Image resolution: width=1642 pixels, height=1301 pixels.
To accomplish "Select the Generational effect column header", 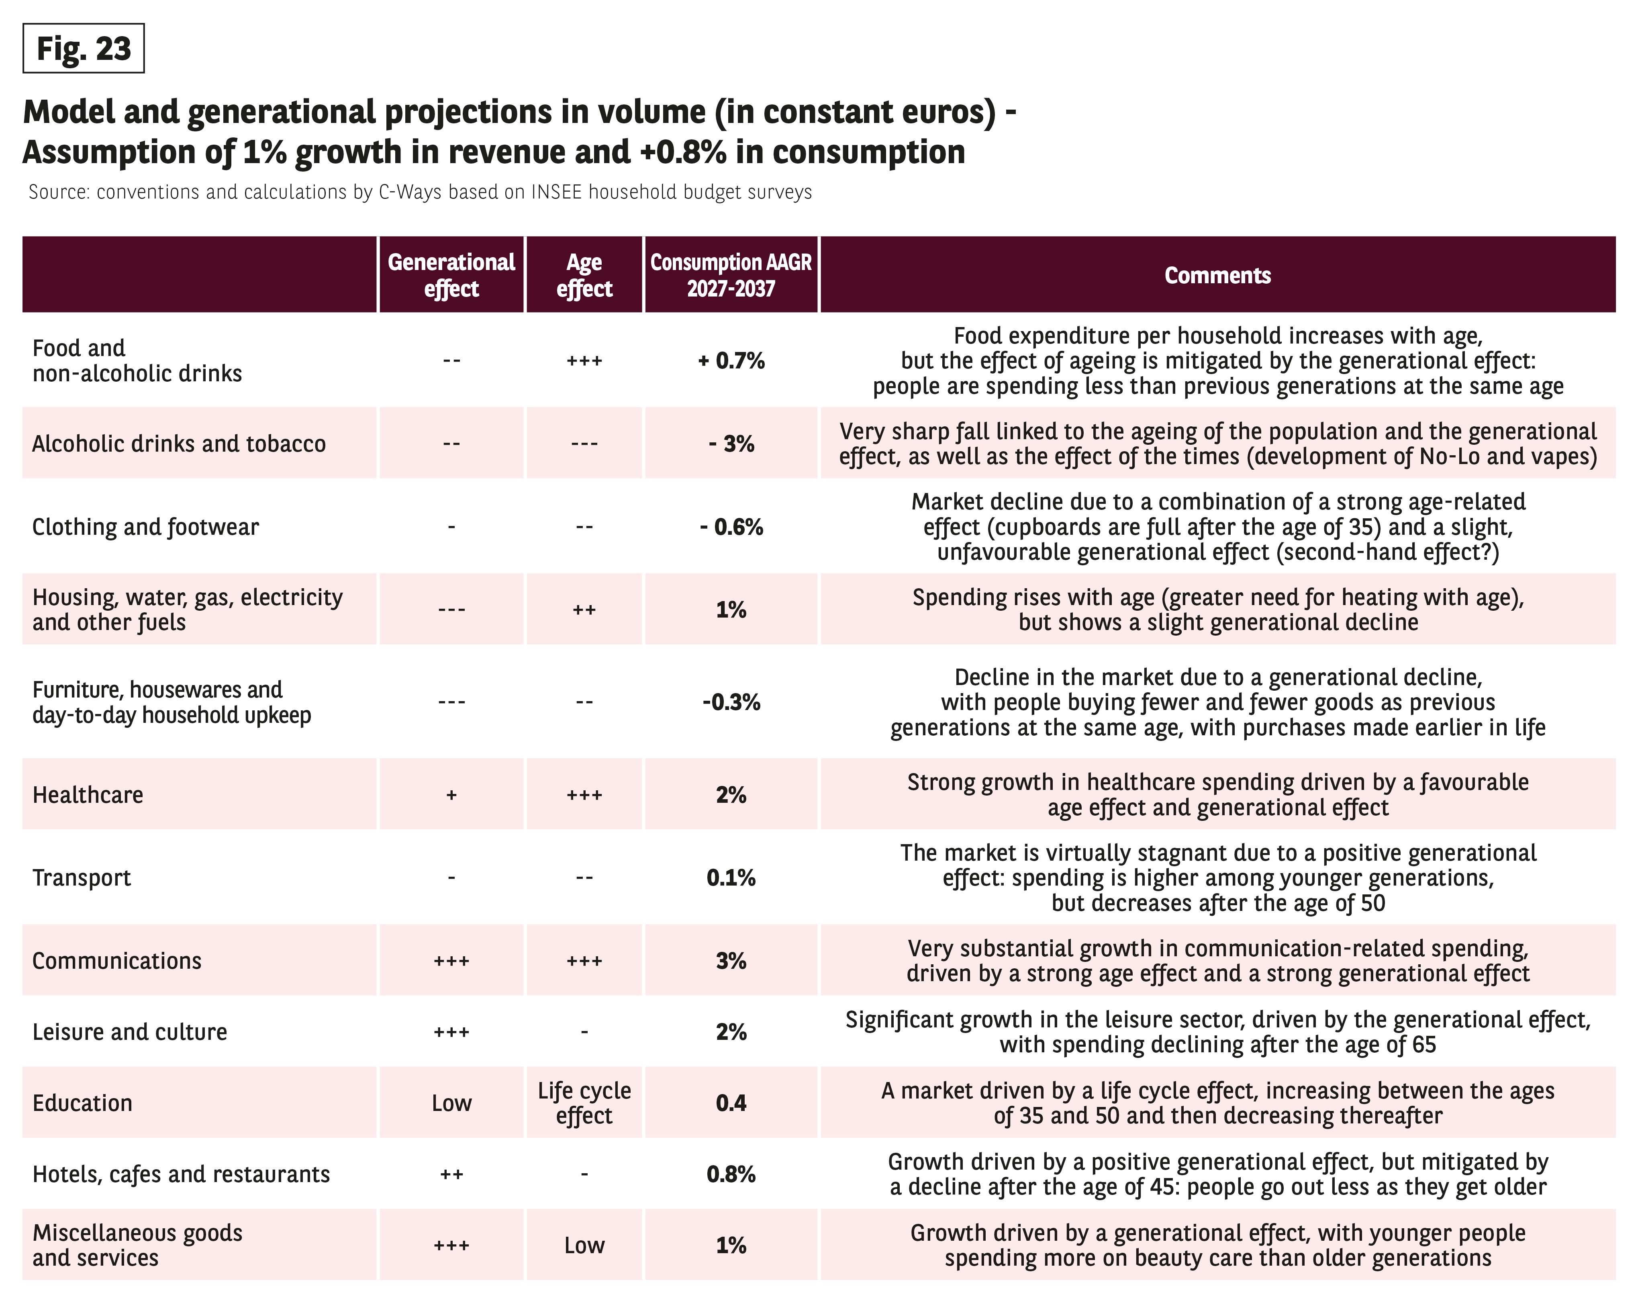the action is click(x=451, y=275).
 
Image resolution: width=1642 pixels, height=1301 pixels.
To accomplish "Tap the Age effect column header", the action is click(x=584, y=275).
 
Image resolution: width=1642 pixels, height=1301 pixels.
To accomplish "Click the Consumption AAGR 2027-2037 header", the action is click(x=731, y=275).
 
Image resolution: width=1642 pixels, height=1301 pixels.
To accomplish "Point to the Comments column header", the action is click(x=1218, y=275).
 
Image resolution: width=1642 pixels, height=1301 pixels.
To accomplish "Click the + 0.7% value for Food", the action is click(x=731, y=360).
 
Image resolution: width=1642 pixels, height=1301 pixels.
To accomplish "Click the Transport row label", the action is click(x=82, y=878).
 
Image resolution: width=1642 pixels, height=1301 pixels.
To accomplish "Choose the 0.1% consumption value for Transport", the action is click(x=731, y=878).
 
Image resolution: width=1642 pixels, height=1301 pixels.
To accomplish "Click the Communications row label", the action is click(x=116, y=961).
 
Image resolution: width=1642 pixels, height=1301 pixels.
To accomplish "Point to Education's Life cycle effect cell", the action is click(x=584, y=1103).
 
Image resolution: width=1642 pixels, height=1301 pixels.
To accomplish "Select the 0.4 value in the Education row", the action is click(x=731, y=1103).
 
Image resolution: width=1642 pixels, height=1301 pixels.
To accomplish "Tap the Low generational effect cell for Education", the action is click(x=451, y=1103).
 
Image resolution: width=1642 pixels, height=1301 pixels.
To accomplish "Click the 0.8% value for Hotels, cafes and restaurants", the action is click(x=731, y=1174).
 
